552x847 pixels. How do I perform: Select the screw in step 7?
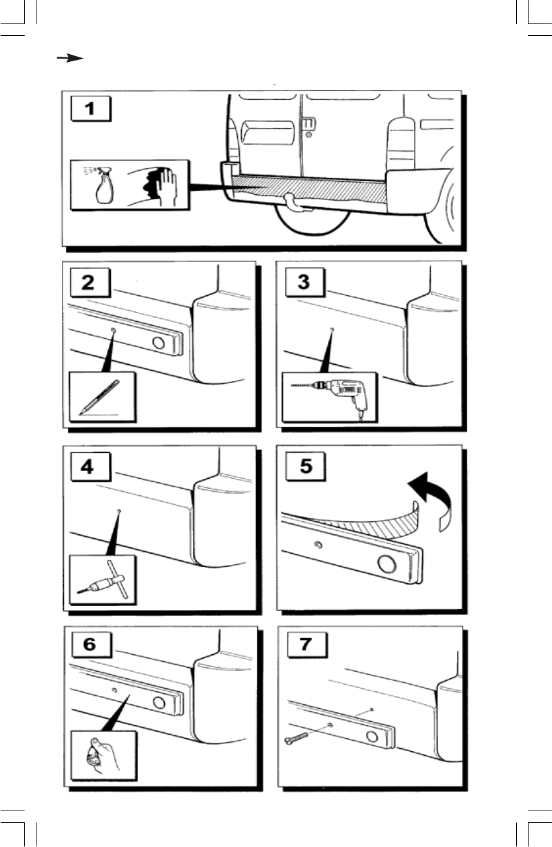(297, 738)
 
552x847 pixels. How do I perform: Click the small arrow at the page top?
(70, 58)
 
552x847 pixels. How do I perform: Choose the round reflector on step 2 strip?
(158, 343)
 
